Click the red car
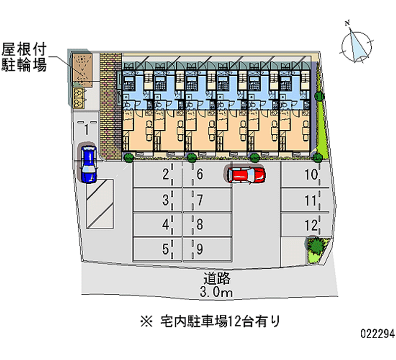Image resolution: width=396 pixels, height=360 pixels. (x=246, y=174)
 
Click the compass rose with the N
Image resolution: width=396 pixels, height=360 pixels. (x=356, y=44)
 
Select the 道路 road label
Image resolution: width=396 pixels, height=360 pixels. (x=216, y=278)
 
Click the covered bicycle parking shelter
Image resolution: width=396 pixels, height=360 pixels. (x=81, y=69)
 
